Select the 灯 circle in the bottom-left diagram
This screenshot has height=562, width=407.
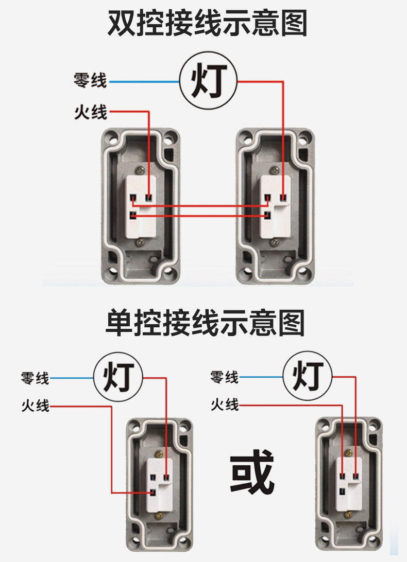pyautogui.click(x=118, y=378)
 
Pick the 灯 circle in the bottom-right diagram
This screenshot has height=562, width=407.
pyautogui.click(x=308, y=377)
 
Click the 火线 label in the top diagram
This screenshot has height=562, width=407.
pyautogui.click(x=90, y=112)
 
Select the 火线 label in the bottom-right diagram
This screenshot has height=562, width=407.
pyautogui.click(x=225, y=405)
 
